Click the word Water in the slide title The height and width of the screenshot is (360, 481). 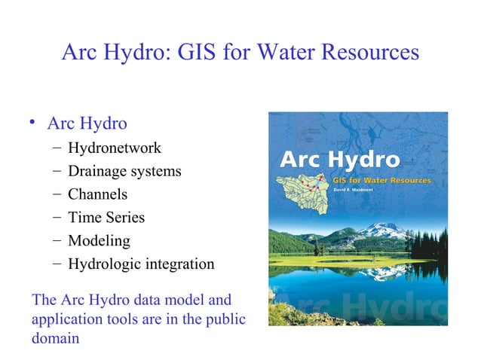287,54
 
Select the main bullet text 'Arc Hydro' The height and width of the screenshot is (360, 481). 87,123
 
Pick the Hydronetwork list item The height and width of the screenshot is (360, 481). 115,148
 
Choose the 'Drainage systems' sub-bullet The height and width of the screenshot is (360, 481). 124,171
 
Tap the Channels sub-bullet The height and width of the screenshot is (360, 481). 98,194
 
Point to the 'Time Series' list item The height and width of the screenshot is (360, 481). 106,218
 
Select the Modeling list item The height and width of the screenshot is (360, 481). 99,241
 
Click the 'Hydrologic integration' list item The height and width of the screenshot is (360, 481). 141,264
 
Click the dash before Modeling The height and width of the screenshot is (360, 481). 57,241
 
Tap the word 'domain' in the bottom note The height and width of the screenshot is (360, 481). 55,338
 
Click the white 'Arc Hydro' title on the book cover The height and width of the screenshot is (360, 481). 340,160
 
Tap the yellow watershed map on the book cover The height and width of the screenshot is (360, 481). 302,192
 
